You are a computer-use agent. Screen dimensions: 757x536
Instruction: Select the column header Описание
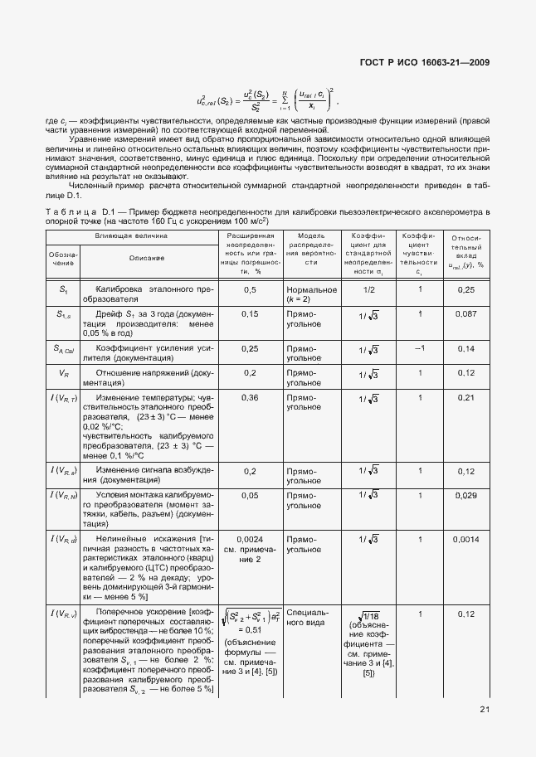[x=146, y=258]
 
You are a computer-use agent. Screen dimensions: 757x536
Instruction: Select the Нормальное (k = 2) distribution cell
[x=311, y=294]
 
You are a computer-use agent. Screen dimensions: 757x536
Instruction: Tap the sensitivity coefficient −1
[x=420, y=348]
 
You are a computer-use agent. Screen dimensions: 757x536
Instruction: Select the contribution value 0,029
[x=465, y=495]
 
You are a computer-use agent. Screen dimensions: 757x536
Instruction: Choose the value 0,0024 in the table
[x=250, y=538]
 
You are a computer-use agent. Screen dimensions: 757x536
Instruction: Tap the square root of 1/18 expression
[x=369, y=615]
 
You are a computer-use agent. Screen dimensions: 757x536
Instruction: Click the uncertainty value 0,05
[x=250, y=495]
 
